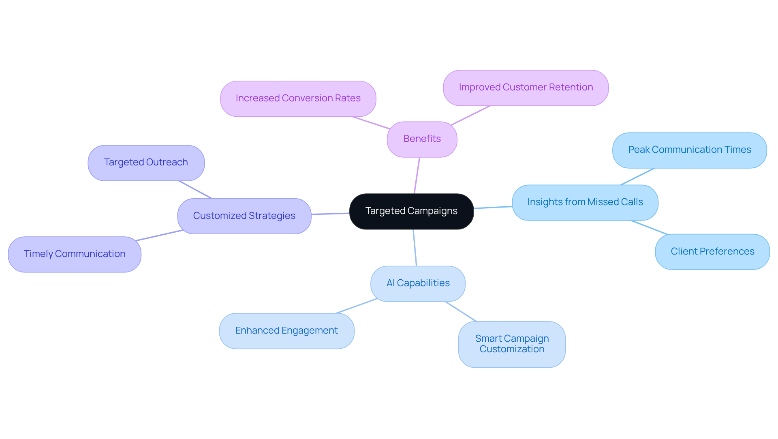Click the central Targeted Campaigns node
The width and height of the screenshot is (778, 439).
411,211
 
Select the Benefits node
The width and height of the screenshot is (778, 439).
422,139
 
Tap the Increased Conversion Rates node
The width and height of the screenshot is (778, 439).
298,99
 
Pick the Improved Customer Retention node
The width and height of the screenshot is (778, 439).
526,88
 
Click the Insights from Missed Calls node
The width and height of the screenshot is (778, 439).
585,202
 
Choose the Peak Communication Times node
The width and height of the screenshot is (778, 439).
689,150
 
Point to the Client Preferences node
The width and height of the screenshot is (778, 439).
712,252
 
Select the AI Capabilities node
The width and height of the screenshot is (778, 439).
418,283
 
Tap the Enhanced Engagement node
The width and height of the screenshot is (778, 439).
286,331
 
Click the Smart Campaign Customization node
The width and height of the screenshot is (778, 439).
512,344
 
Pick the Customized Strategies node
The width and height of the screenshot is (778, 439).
244,216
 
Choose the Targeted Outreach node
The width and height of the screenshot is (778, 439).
146,163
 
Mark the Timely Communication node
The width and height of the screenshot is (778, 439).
75,254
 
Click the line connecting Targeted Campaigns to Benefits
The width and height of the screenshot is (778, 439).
417,175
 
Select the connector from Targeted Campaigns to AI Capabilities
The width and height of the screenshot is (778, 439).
415,248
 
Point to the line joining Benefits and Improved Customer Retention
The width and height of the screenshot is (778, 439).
470,116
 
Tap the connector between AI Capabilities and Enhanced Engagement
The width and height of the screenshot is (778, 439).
357,306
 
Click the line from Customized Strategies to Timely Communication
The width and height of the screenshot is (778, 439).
160,236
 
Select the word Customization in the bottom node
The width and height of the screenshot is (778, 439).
512,349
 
